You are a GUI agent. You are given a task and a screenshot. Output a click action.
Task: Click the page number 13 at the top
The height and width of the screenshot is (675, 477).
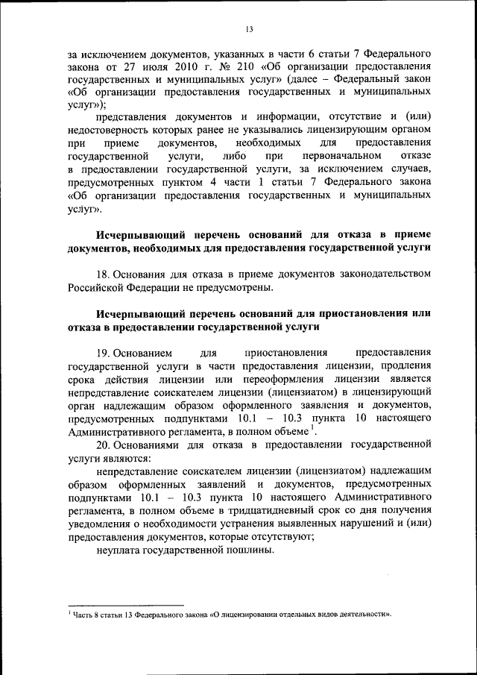[249, 29]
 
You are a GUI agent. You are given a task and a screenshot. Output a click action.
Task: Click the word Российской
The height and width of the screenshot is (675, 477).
[98, 287]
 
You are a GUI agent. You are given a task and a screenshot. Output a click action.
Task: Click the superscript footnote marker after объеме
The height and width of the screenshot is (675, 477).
[314, 429]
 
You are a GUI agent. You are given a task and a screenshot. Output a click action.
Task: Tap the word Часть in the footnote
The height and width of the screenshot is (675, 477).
[83, 615]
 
